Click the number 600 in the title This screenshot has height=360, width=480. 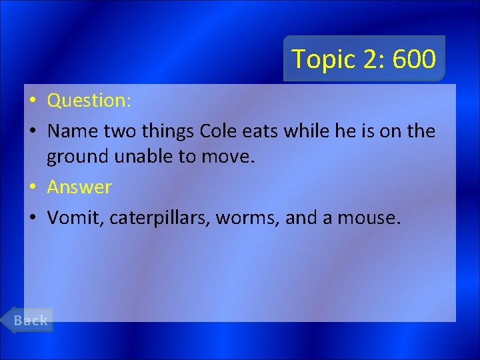pyautogui.click(x=414, y=59)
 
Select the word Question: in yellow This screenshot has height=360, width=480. pyautogui.click(x=89, y=101)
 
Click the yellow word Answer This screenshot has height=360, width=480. pyautogui.click(x=79, y=187)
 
